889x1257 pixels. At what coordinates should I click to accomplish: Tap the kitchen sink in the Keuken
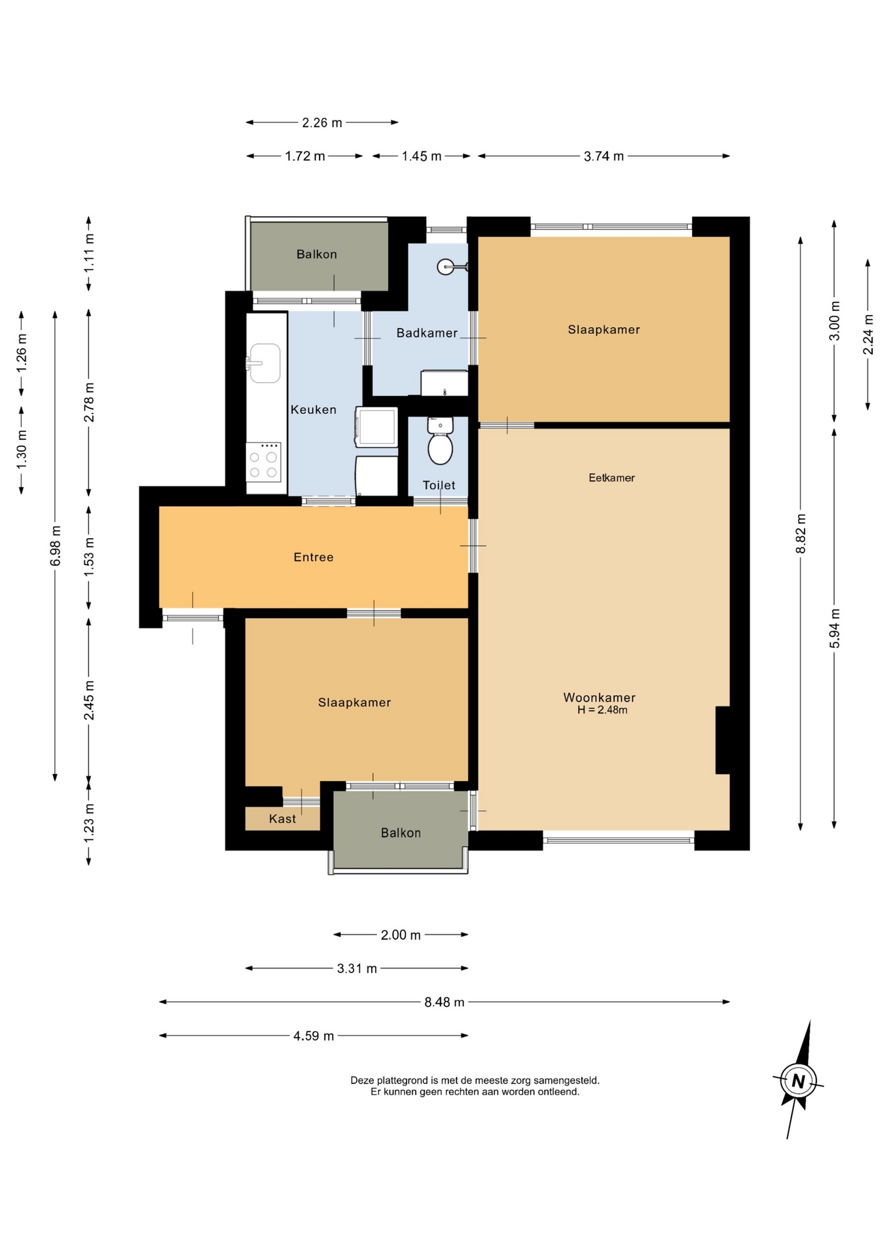[x=264, y=363]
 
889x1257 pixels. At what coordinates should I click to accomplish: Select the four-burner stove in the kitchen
[x=264, y=462]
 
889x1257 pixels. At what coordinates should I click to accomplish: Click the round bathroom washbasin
[x=446, y=266]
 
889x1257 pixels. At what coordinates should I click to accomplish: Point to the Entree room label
[x=314, y=557]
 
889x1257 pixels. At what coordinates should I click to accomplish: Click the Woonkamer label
[x=599, y=697]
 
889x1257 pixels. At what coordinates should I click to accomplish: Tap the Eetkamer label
[x=611, y=478]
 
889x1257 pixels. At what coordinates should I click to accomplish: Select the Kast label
[x=282, y=818]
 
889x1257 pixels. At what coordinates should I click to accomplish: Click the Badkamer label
[x=427, y=333]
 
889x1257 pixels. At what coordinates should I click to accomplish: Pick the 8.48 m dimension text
[x=444, y=1002]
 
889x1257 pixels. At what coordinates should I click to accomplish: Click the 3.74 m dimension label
[x=604, y=156]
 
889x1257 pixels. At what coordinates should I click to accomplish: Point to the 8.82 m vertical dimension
[x=801, y=534]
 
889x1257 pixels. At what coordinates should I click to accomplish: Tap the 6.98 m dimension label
[x=56, y=545]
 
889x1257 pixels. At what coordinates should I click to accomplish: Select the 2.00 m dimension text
[x=401, y=935]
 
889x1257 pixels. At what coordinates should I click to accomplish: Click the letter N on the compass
[x=798, y=1081]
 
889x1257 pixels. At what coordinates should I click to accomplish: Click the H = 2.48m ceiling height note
[x=602, y=710]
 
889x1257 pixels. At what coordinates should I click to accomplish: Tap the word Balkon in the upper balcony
[x=317, y=254]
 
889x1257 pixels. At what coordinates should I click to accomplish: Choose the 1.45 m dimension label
[x=422, y=156]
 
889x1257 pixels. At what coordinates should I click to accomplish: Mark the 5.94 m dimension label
[x=835, y=628]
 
